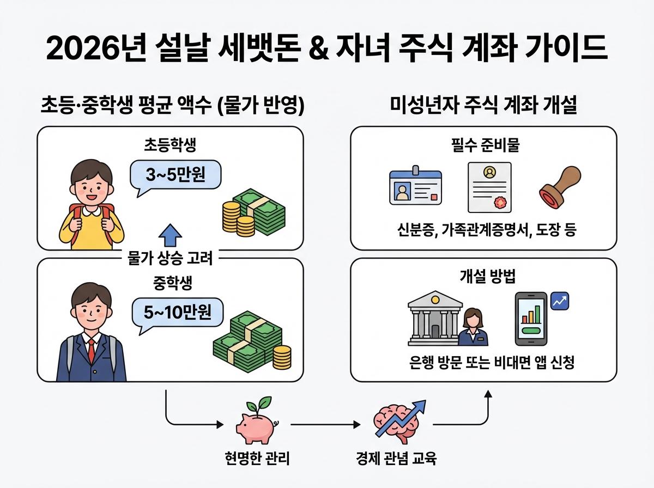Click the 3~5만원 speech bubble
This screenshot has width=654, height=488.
pyautogui.click(x=169, y=175)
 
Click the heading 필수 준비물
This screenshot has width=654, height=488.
pyautogui.click(x=483, y=146)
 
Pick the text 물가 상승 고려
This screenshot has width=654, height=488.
pyautogui.click(x=169, y=258)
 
